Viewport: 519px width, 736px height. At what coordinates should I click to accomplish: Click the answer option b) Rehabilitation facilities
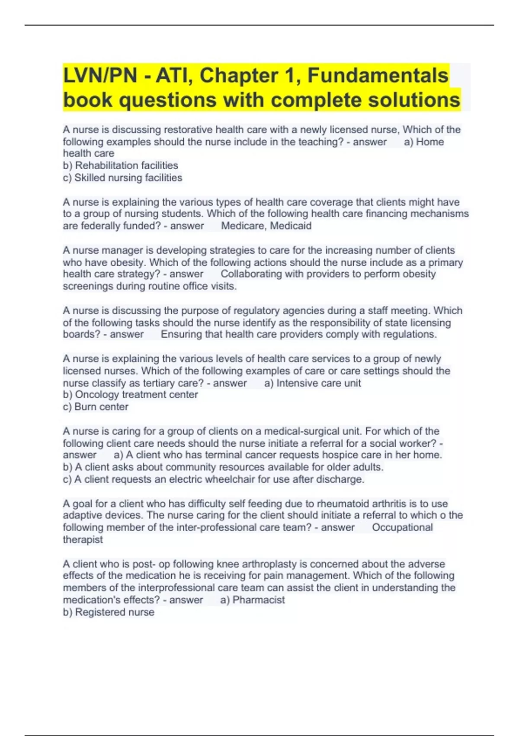coord(120,165)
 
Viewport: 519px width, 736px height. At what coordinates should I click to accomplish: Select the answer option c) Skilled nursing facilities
coord(122,178)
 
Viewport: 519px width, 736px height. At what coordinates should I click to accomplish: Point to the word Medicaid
coord(291,226)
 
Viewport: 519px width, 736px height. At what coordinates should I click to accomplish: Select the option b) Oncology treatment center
coord(130,394)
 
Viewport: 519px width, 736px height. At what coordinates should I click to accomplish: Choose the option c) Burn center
coord(96,407)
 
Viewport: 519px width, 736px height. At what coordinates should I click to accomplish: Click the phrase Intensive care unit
coord(318,383)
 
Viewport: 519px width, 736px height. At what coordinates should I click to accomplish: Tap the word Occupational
coord(402,527)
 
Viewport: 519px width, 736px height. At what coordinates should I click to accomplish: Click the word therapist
coord(83,539)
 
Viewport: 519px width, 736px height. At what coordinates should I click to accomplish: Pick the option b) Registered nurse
coord(109,612)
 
